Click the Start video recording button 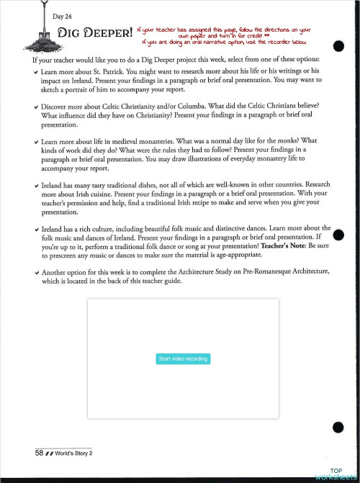[182, 358]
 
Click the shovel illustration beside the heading [45, 29]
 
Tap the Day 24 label [63, 16]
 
